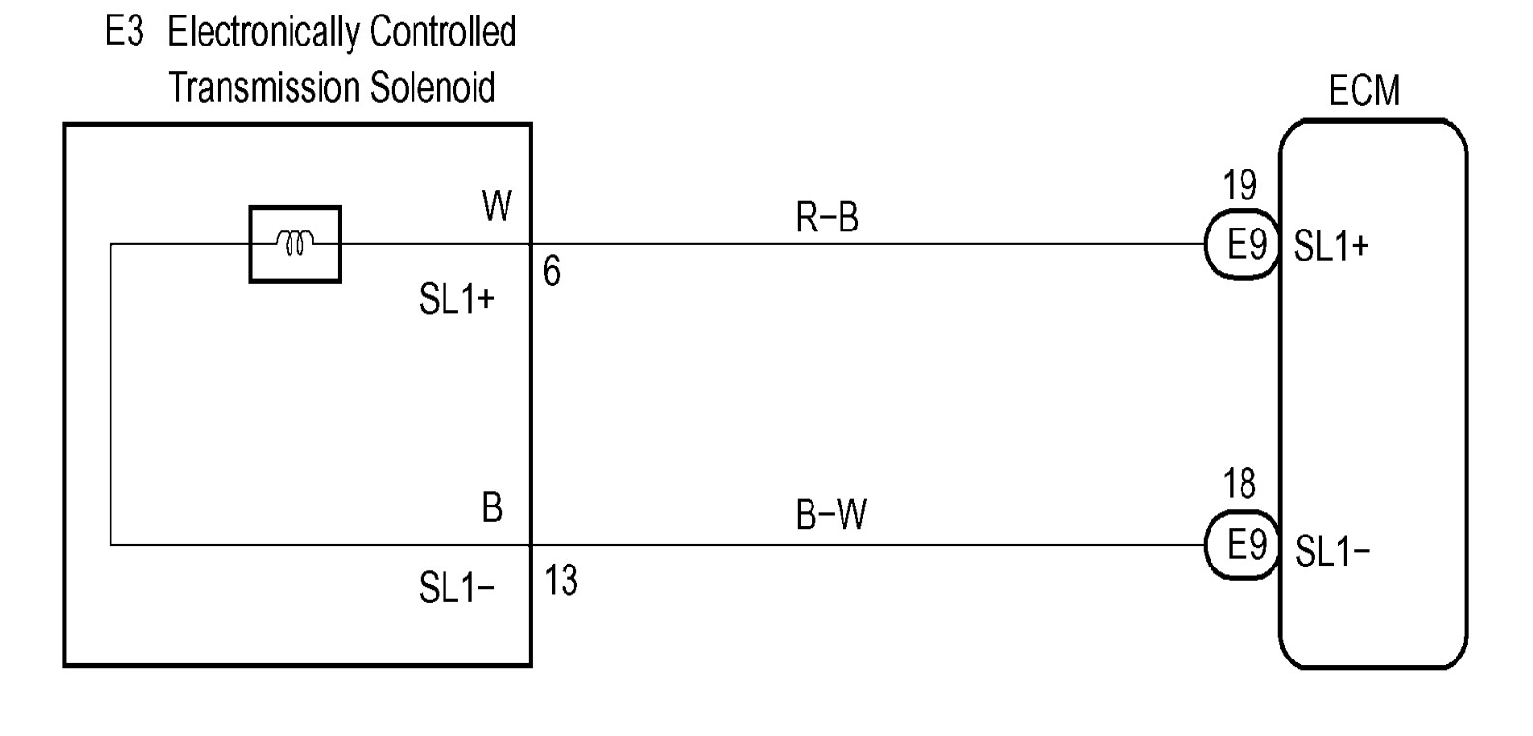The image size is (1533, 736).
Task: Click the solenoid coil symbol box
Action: coord(294,244)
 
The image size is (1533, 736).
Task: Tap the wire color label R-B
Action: coord(827,219)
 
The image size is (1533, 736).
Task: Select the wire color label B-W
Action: coord(831,515)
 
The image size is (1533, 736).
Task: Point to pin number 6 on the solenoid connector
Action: coord(551,272)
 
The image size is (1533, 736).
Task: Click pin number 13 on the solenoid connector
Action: coord(561,581)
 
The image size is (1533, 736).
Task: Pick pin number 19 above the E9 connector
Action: coord(1240,185)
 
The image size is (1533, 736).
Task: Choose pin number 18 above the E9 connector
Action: coord(1240,483)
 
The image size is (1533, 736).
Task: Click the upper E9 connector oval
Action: coord(1244,245)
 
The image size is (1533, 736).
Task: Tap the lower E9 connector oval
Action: coord(1244,545)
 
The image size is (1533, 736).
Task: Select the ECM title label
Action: coord(1364,91)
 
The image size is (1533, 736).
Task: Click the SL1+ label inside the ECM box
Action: coord(1332,247)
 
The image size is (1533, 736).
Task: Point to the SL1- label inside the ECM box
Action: coord(1333,552)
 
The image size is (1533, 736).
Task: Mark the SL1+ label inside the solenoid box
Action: coord(456,299)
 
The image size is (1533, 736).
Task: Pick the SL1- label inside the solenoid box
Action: coord(456,588)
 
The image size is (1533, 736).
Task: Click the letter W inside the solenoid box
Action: coord(497,206)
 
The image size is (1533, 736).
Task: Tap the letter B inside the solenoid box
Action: coord(492,507)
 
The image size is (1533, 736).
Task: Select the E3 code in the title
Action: coord(124,32)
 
